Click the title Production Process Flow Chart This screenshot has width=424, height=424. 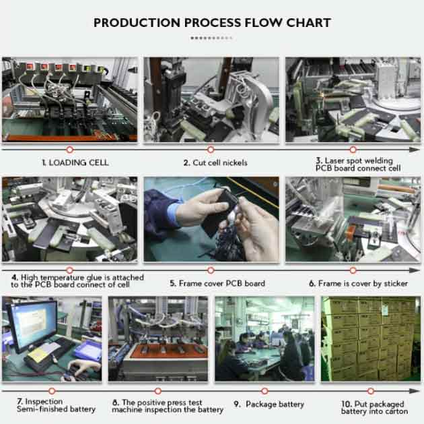(212, 23)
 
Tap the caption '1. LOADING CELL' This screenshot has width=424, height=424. (75, 162)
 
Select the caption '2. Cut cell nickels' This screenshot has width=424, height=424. (215, 162)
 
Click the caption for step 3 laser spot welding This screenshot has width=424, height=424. (358, 164)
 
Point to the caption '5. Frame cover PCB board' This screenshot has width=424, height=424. (217, 284)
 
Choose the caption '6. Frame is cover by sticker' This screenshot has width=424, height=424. (358, 284)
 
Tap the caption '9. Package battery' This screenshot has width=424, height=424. (269, 404)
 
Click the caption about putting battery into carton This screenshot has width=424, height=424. (374, 407)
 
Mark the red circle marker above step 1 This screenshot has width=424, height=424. (70, 150)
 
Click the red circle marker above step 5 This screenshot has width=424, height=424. (211, 270)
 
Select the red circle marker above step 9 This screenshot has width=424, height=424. (264, 391)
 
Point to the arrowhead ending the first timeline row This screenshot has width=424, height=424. (415, 150)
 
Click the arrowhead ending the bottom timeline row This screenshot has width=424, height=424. (415, 391)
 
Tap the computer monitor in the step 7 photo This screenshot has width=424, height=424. (32, 326)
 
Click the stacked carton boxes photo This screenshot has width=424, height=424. (371, 338)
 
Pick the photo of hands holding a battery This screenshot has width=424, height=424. (211, 219)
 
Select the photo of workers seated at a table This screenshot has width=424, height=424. (264, 338)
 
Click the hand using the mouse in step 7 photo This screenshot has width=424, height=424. (81, 367)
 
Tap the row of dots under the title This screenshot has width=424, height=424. (211, 38)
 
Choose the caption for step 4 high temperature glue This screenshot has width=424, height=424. (77, 281)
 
